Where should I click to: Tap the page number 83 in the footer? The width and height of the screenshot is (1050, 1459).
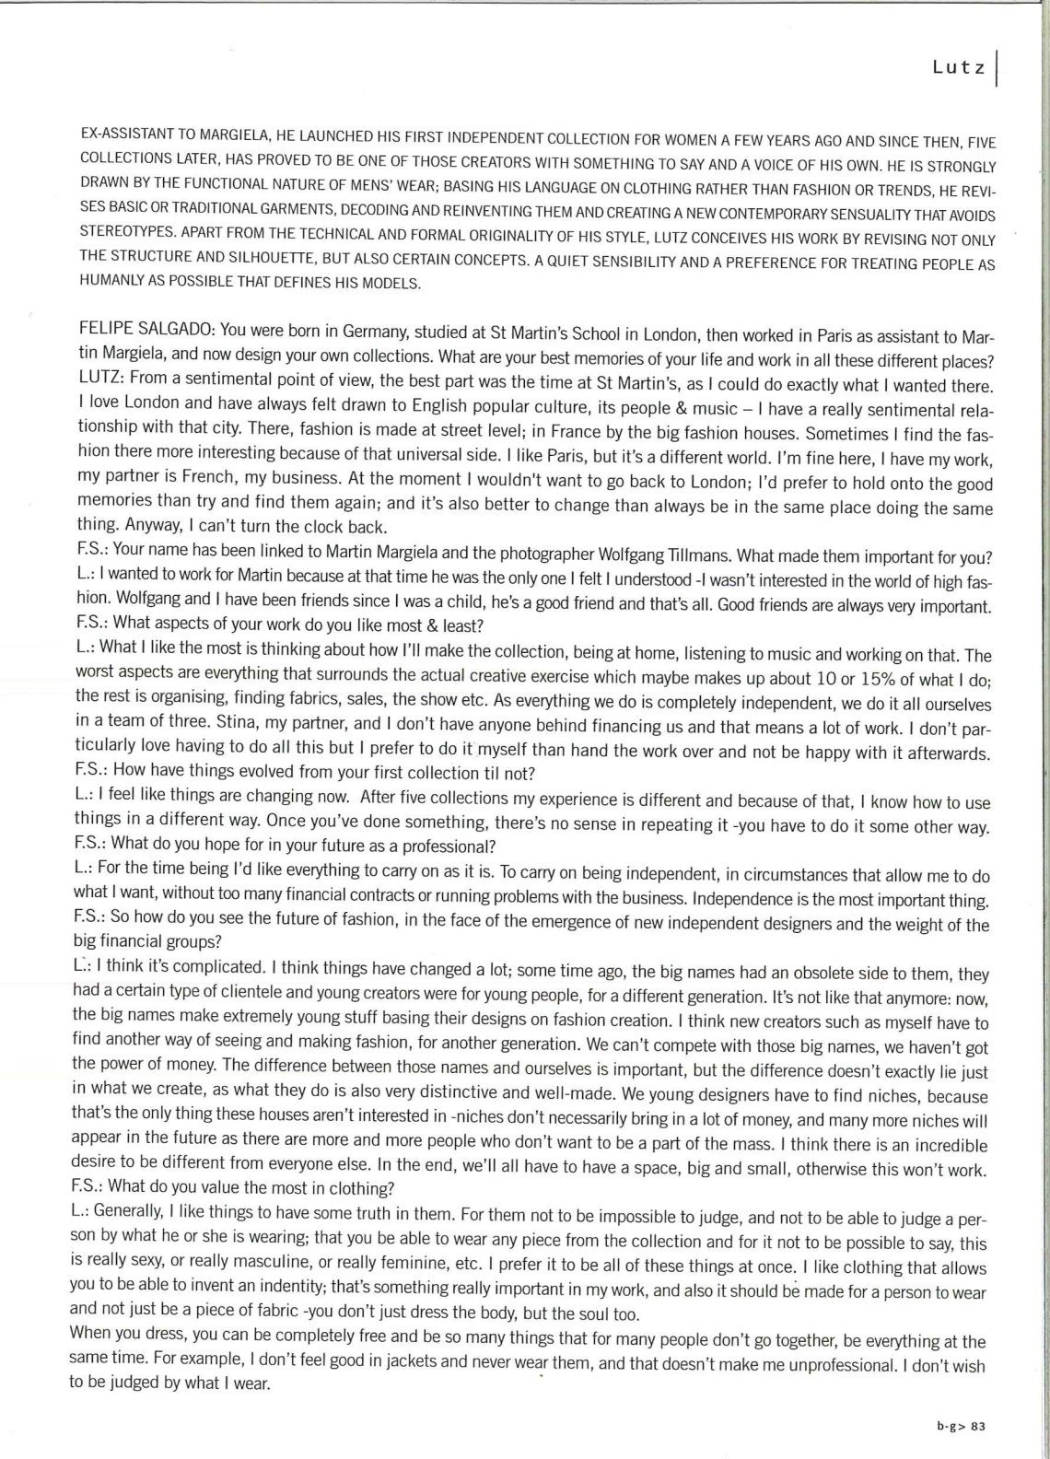pyautogui.click(x=978, y=1427)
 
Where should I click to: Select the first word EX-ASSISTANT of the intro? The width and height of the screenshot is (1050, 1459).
pyautogui.click(x=126, y=134)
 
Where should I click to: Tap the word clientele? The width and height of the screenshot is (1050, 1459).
pyautogui.click(x=239, y=996)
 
